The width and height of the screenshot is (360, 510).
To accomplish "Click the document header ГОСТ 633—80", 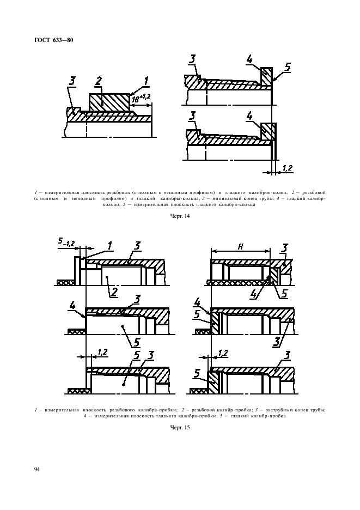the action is pos(54,40).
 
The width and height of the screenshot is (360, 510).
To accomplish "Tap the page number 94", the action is pos(36,469).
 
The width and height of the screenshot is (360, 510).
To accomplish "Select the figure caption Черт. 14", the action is pos(180,216).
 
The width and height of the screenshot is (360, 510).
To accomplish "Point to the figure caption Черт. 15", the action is pos(180,427).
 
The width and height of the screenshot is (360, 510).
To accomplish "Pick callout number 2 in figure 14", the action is pos(98,81).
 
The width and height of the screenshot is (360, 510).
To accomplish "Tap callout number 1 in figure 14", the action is pos(147,81).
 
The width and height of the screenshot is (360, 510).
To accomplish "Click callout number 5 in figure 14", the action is pos(287,67).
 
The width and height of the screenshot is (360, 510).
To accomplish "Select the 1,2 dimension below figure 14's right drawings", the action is pos(287,168).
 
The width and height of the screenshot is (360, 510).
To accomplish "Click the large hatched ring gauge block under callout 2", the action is pos(109,102).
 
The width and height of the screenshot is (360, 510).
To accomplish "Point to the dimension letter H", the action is pos(240,247).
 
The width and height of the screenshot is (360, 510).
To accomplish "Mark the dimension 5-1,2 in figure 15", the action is pos(66,242).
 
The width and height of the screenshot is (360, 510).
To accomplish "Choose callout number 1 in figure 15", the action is pos(109,246).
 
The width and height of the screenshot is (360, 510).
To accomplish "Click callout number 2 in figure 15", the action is pos(113,292).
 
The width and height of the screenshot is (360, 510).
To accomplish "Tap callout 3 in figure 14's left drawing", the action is pos(72,81).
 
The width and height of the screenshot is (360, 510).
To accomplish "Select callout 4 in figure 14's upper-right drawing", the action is pos(249,59).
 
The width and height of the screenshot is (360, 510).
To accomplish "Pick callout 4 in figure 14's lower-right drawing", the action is pos(249,116).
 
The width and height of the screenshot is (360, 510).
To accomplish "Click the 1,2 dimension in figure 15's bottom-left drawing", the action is pos(102,352).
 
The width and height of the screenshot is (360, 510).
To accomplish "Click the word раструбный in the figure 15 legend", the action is pos(280,410).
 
